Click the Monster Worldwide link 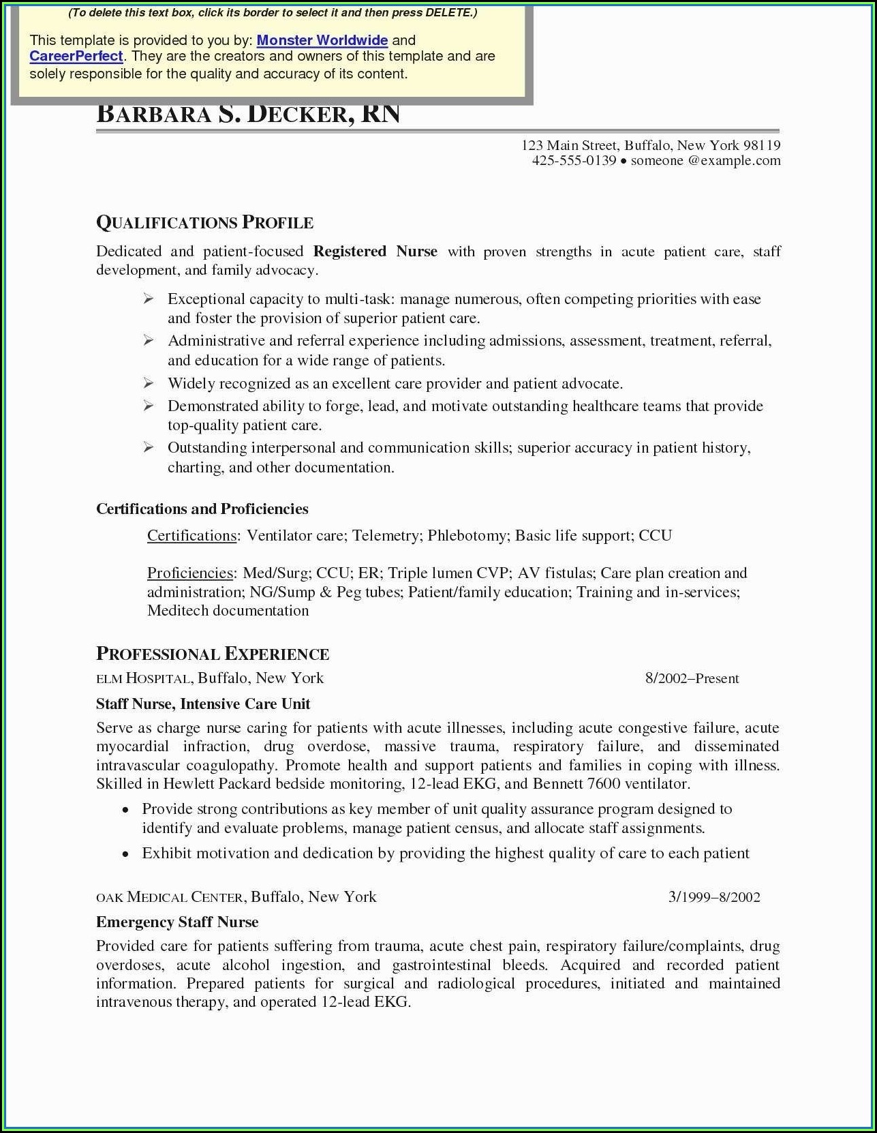(322, 40)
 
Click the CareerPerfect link (76, 57)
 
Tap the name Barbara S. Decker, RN (248, 114)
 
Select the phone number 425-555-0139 (574, 161)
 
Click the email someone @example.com (705, 161)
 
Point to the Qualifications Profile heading (204, 223)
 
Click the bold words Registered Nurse (375, 252)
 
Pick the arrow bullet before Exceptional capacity (149, 299)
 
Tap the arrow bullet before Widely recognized (149, 383)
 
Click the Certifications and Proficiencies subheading (202, 509)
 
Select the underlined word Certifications (191, 536)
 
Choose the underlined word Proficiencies (190, 573)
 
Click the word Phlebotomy (467, 536)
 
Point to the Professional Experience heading (213, 654)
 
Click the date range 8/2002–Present (692, 679)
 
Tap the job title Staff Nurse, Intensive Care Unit (203, 704)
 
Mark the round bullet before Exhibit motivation (125, 854)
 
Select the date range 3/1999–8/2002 (713, 897)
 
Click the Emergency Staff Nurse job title (177, 922)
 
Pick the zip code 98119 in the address (761, 145)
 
